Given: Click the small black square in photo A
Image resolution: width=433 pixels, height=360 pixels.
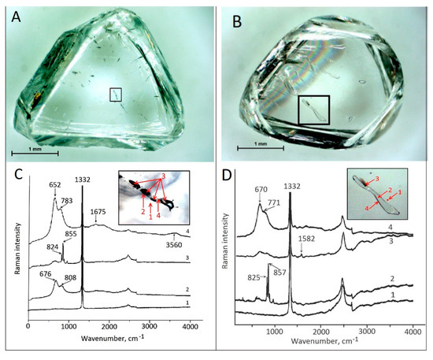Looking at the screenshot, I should point(116,95).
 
